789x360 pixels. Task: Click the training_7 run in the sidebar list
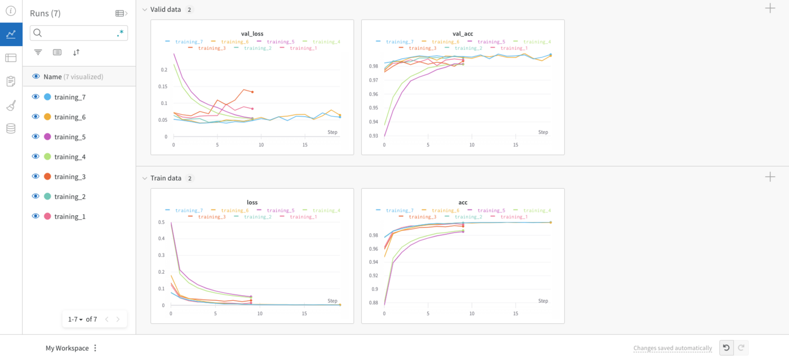70,97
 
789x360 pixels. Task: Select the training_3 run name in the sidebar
70,177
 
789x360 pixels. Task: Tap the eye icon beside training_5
36,137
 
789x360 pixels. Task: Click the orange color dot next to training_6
47,117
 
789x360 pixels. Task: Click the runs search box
78,33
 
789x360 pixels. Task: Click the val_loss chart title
252,34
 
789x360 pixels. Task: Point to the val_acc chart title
462,34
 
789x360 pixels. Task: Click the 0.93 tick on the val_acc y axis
374,136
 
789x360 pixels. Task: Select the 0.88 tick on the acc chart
374,303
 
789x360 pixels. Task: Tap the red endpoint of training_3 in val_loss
252,92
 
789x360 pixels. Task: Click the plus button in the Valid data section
770,8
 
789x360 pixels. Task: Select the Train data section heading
166,178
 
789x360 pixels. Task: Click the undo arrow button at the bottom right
726,348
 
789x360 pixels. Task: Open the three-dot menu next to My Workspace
95,348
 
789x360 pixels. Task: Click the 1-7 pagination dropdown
76,319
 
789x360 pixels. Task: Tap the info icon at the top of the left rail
11,11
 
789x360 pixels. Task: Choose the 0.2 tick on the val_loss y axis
163,70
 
